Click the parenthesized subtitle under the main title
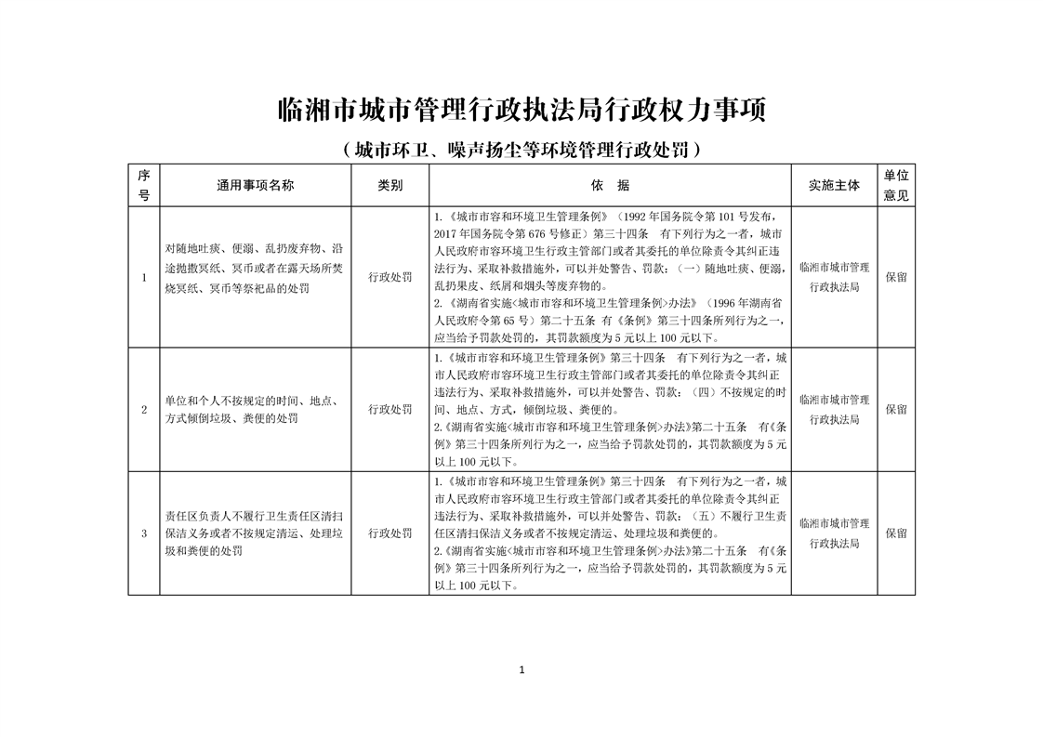(x=521, y=149)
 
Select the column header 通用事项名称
(x=256, y=185)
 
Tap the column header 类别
(x=390, y=185)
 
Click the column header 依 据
(x=610, y=185)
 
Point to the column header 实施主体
(x=834, y=185)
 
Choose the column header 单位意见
(x=896, y=185)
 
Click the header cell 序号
(x=143, y=185)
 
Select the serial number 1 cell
(x=143, y=277)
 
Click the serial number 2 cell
(x=143, y=409)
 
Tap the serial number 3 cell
(x=143, y=533)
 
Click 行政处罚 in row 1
(x=390, y=277)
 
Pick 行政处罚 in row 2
(x=390, y=409)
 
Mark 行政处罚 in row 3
(x=390, y=533)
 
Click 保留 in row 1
(x=896, y=277)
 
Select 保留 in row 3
(x=896, y=533)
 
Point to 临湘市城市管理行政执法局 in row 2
(x=834, y=409)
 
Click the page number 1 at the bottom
(x=522, y=670)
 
